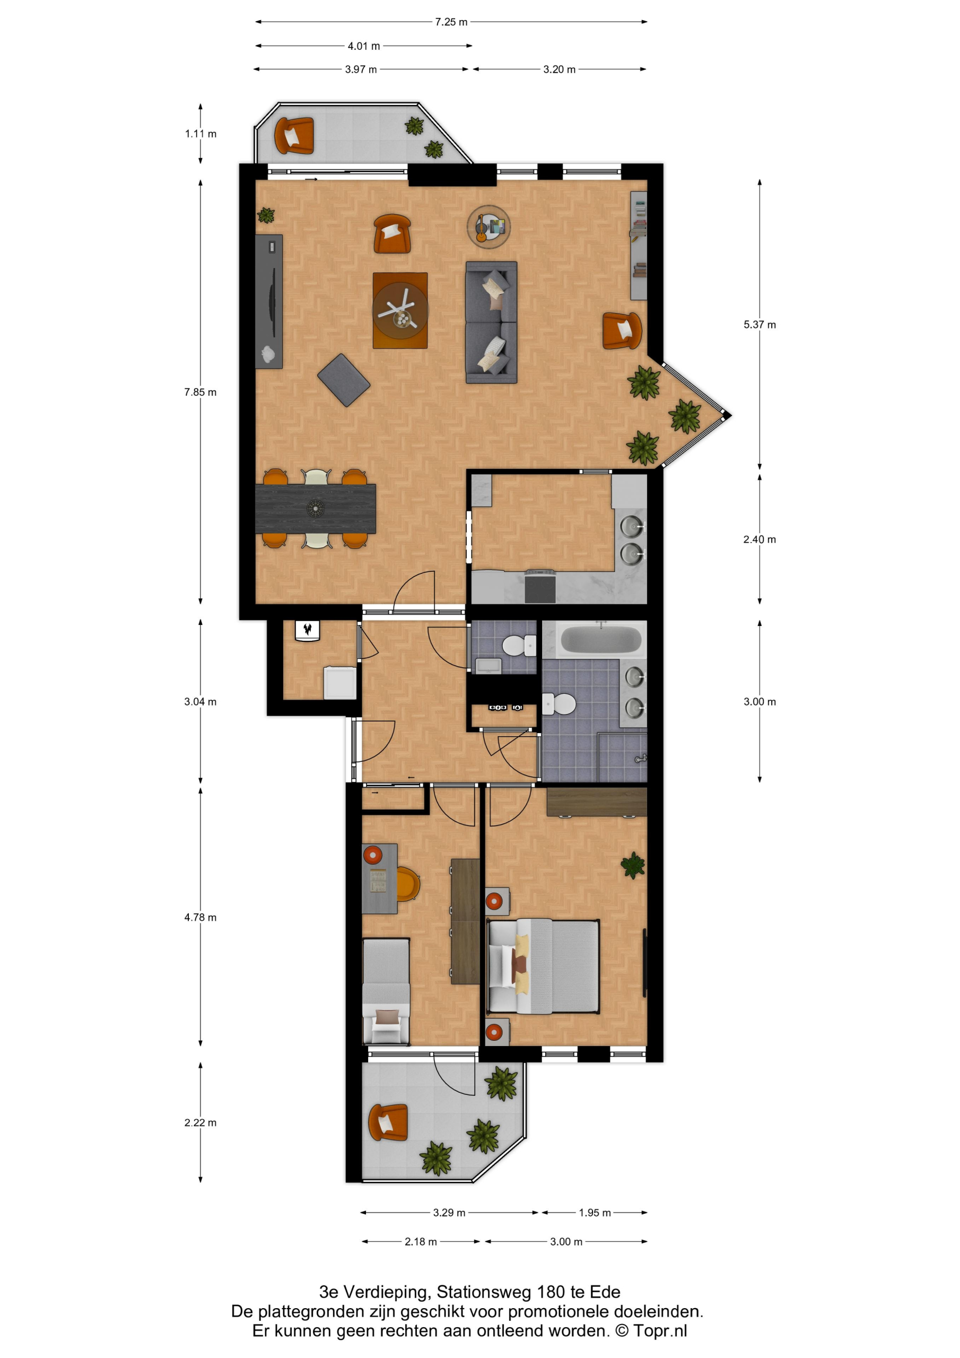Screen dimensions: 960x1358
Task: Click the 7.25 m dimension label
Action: tap(451, 22)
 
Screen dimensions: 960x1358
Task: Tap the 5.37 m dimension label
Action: tap(760, 324)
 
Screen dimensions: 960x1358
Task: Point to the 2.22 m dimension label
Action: tap(200, 1122)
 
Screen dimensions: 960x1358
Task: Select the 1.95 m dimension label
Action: tap(595, 1212)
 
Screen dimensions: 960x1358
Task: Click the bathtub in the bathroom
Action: tap(600, 639)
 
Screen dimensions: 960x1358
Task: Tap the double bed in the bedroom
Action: tap(543, 966)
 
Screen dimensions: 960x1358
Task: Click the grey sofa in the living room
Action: tap(491, 322)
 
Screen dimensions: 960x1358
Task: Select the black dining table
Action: tap(315, 508)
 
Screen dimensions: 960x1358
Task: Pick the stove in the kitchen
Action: tap(539, 586)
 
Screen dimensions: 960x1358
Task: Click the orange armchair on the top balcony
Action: tap(294, 135)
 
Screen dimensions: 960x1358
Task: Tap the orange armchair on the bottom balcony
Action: tap(388, 1122)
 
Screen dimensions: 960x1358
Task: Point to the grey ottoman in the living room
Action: tap(344, 380)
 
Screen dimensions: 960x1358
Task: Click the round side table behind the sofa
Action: tap(488, 226)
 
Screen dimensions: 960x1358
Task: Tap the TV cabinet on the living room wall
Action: tap(268, 301)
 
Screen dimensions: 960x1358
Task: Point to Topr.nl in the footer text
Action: tap(660, 1331)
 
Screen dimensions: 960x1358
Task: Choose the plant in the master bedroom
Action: tap(632, 865)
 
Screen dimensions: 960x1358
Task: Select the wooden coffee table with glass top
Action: tap(400, 310)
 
